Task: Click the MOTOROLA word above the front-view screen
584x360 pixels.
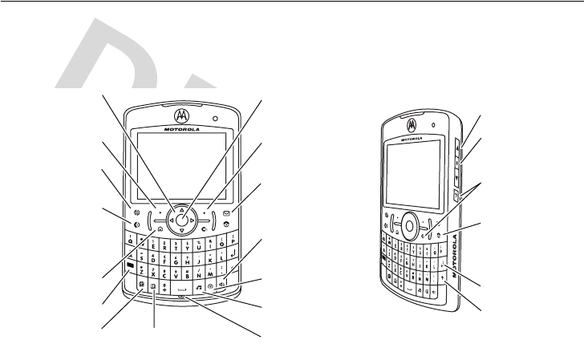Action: click(x=183, y=127)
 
